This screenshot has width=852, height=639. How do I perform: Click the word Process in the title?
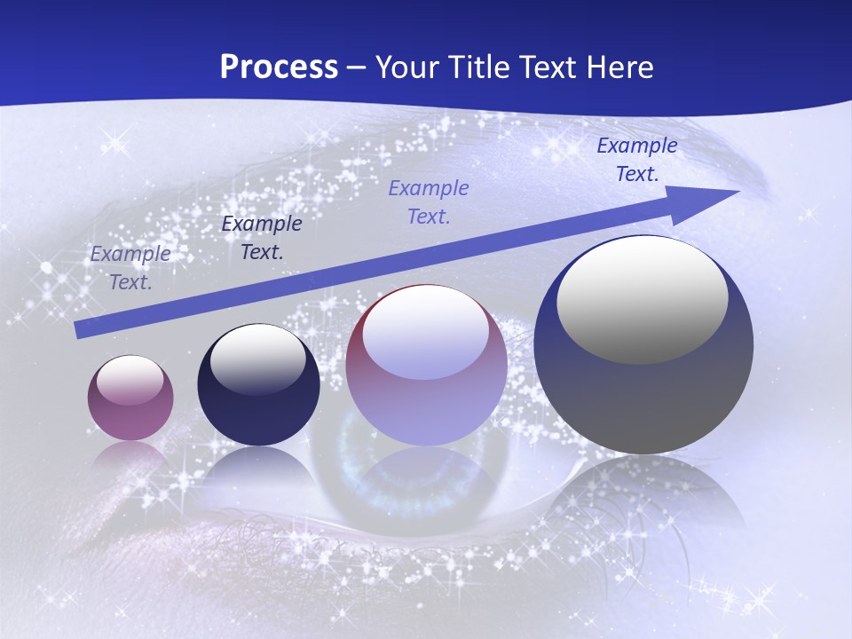279,67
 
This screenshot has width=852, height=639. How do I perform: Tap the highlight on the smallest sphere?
130,381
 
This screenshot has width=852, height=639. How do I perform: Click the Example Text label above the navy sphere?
262,238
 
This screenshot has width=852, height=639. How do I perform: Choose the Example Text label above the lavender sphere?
429,201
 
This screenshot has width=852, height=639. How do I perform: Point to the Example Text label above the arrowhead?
636,160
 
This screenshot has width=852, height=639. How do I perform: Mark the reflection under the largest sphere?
643,497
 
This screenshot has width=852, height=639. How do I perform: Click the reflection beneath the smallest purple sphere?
130,458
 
